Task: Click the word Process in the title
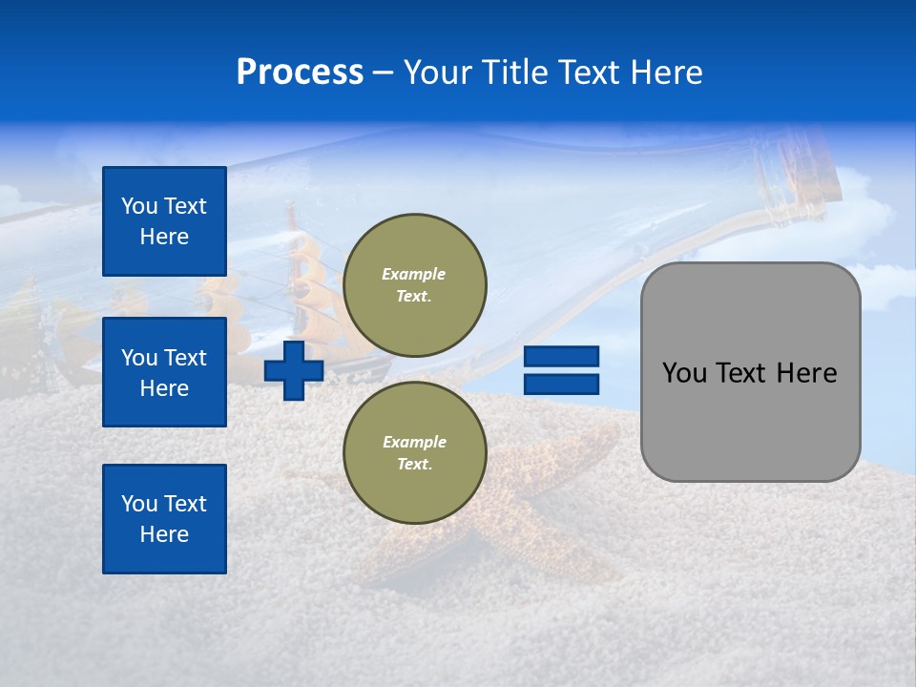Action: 300,73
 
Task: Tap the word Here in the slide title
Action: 663,73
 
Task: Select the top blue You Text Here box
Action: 164,221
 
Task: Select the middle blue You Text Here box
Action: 164,372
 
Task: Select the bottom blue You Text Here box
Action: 164,518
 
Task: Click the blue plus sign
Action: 294,370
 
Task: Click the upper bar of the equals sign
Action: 562,356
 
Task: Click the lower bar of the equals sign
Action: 562,384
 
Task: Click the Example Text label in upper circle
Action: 414,285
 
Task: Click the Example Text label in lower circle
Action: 414,453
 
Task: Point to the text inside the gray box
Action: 749,373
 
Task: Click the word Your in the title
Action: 439,73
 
